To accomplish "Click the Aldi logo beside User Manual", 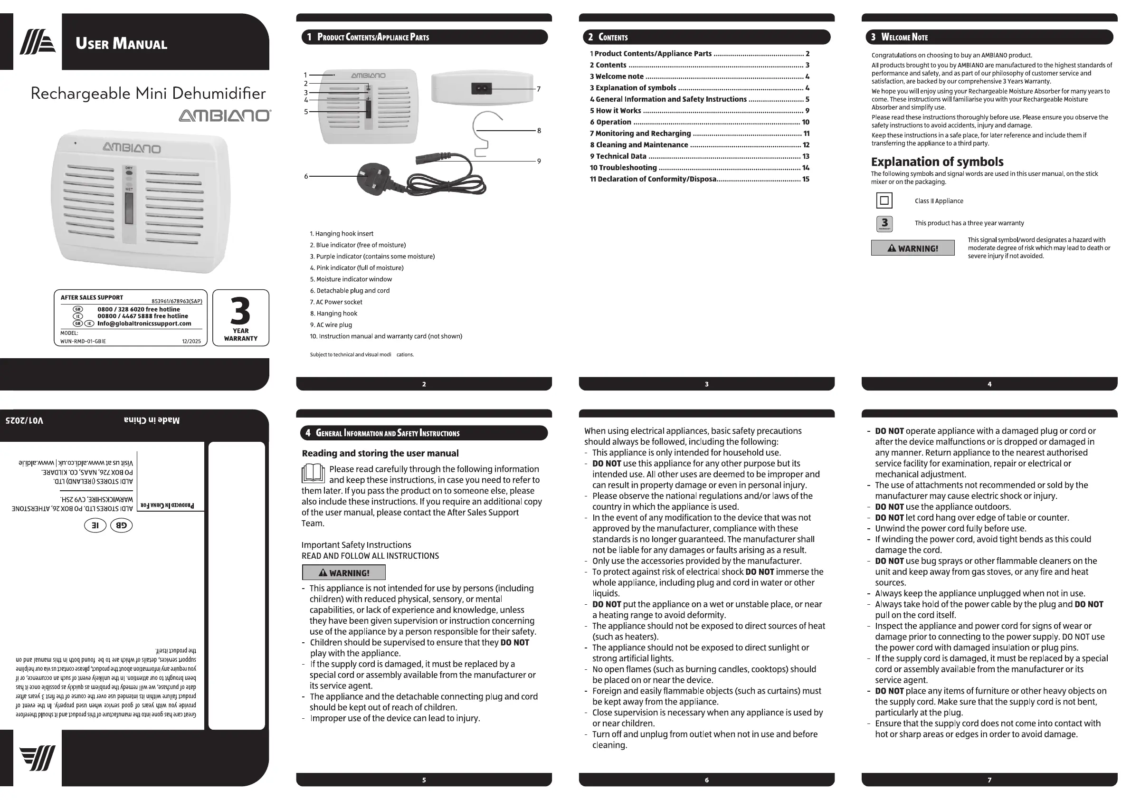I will (38, 42).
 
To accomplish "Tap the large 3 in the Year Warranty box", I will (240, 311).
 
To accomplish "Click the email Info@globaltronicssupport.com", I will (144, 324).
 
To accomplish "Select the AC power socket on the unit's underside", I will (481, 89).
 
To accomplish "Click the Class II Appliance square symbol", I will (884, 200).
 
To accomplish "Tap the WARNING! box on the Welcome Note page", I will (912, 248).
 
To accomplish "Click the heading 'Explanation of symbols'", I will (937, 162).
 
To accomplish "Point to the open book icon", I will (313, 474).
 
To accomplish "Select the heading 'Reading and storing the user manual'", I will (380, 453).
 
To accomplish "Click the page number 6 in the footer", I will (706, 780).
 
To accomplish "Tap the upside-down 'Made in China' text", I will (152, 420).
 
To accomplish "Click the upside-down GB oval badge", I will (121, 525).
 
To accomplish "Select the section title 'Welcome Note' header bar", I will (989, 37).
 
